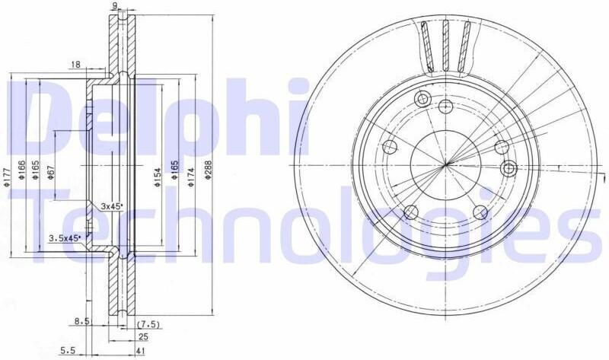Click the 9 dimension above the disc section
115,5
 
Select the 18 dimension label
75,65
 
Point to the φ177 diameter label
7,177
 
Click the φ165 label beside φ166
35,170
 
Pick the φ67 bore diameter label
51,172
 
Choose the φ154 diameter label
158,177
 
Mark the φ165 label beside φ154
175,170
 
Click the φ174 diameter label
191,177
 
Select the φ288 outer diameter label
208,170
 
